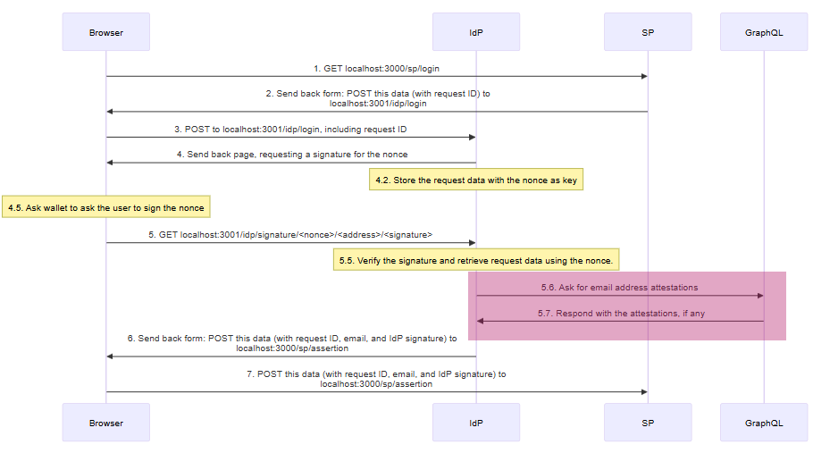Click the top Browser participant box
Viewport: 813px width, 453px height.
coord(105,32)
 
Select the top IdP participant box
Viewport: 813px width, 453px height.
coord(476,32)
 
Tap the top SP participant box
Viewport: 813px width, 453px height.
coord(648,32)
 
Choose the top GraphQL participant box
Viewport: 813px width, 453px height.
coord(764,32)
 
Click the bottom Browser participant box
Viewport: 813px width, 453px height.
coord(105,423)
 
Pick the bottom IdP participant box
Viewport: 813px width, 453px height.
coord(476,423)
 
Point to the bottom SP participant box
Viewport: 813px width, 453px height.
coord(648,423)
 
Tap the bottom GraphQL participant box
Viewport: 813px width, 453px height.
coord(764,423)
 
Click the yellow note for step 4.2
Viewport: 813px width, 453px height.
coord(476,180)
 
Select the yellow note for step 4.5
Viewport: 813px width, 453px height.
coord(105,207)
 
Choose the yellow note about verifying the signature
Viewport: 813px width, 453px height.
coord(476,260)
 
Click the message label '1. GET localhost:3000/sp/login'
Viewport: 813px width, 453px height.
coord(376,68)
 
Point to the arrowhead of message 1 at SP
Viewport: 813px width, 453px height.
coord(643,77)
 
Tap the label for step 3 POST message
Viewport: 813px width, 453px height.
coord(290,129)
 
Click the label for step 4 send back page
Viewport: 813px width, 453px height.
coord(291,155)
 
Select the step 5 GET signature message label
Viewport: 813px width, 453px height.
coord(290,234)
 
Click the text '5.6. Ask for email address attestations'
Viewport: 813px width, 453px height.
coord(619,288)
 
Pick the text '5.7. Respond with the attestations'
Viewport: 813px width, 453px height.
coord(620,314)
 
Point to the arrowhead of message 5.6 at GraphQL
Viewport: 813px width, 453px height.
coord(759,296)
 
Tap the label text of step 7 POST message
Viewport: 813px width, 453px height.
coord(376,379)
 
